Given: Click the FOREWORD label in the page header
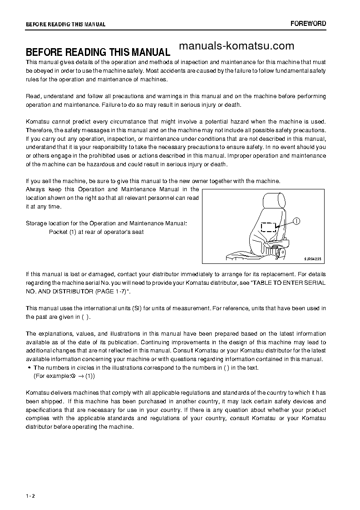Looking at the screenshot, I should pyautogui.click(x=308, y=24).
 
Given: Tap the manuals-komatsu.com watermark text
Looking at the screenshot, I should pyautogui.click(x=237, y=46).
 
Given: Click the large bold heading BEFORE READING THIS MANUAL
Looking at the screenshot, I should pyautogui.click(x=98, y=52).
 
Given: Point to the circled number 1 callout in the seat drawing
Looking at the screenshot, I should pyautogui.click(x=296, y=222).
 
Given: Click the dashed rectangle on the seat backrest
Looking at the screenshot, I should pyautogui.click(x=269, y=227).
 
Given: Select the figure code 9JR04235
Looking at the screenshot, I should pyautogui.click(x=312, y=259).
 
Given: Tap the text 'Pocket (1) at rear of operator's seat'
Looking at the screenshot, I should pyautogui.click(x=96, y=232).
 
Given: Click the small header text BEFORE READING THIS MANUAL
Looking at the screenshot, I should pyautogui.click(x=65, y=24).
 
